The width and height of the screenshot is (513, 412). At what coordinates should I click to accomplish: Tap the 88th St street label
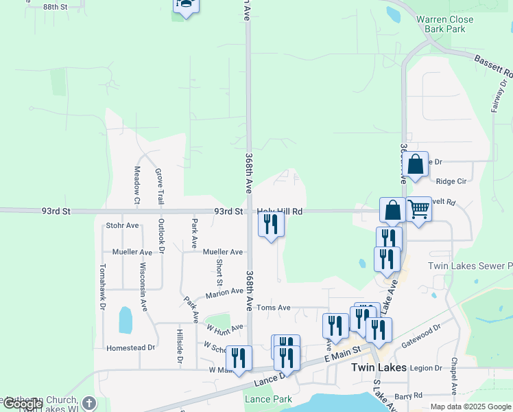56,7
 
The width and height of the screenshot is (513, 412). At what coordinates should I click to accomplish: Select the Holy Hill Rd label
280,211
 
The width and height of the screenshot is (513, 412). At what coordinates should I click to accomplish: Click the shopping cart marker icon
418,209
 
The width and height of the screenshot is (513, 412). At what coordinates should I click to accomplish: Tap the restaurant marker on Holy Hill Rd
271,223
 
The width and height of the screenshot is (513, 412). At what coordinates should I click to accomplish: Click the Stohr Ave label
123,225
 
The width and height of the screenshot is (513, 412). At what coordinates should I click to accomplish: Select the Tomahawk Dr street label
103,284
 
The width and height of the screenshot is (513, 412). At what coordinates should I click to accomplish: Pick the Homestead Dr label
131,347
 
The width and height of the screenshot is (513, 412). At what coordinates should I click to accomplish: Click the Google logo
22,404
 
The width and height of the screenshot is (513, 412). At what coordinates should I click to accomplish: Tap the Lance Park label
268,399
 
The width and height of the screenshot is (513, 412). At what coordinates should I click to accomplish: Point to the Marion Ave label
224,292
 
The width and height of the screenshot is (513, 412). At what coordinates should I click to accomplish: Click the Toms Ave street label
274,308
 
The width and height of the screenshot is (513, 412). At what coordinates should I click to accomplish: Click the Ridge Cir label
451,181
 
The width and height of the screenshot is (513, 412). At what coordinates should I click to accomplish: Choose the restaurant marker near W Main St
239,357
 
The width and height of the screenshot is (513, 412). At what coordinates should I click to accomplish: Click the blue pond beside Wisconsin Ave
126,320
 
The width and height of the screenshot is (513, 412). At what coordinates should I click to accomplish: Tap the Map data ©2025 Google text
470,407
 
